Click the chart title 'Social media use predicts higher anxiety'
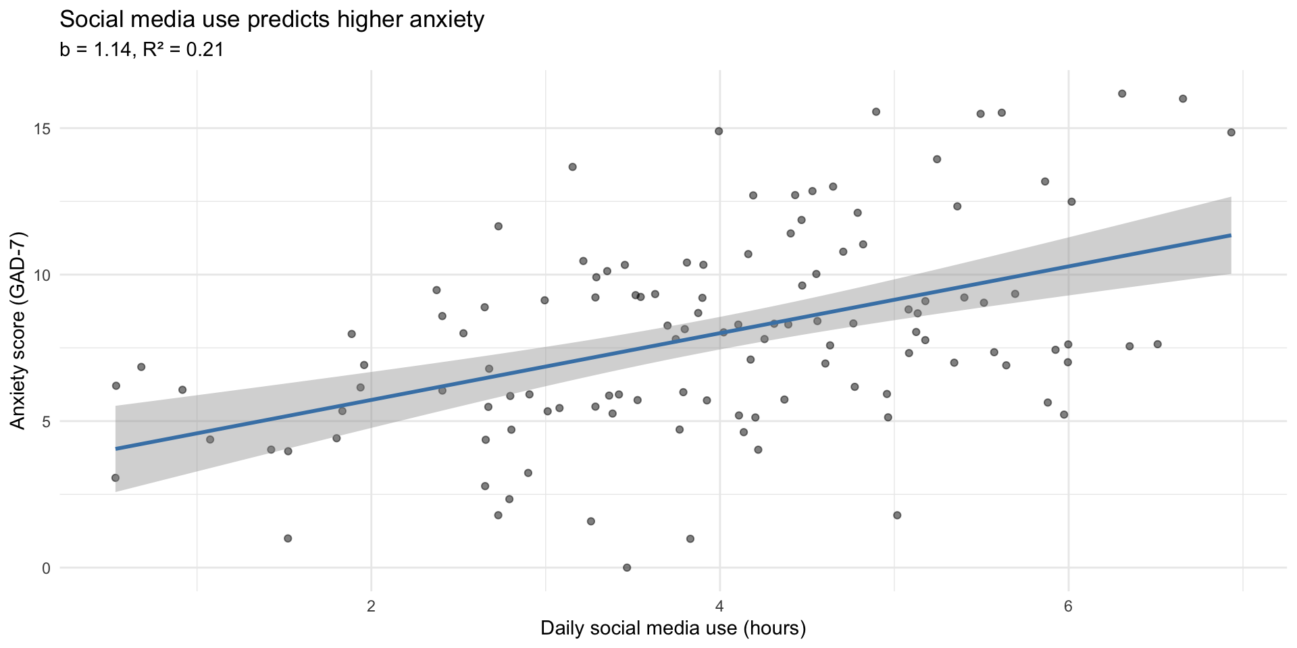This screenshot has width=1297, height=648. click(272, 20)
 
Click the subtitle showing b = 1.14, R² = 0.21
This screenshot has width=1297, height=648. click(141, 50)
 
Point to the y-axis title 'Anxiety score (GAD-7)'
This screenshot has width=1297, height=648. click(18, 330)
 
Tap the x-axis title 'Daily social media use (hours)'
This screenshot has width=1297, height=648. click(673, 628)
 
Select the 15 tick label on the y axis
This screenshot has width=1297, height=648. click(43, 128)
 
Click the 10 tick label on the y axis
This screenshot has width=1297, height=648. click(43, 275)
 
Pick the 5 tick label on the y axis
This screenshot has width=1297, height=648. click(46, 421)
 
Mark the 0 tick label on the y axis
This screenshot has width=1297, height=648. click(46, 568)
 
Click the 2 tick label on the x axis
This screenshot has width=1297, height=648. click(371, 605)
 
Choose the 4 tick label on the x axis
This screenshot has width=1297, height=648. click(719, 605)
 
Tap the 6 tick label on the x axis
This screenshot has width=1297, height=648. click(1068, 605)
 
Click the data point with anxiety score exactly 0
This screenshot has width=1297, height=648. click(626, 568)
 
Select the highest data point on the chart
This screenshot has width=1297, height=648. click(1122, 94)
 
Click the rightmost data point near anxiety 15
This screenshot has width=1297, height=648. click(1231, 132)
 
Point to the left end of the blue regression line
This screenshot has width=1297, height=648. click(116, 448)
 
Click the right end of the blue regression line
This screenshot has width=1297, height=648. click(1231, 235)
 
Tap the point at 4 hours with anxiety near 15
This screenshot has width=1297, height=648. click(719, 131)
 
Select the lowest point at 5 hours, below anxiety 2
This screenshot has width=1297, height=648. click(897, 515)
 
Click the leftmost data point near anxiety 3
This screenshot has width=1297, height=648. click(116, 478)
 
